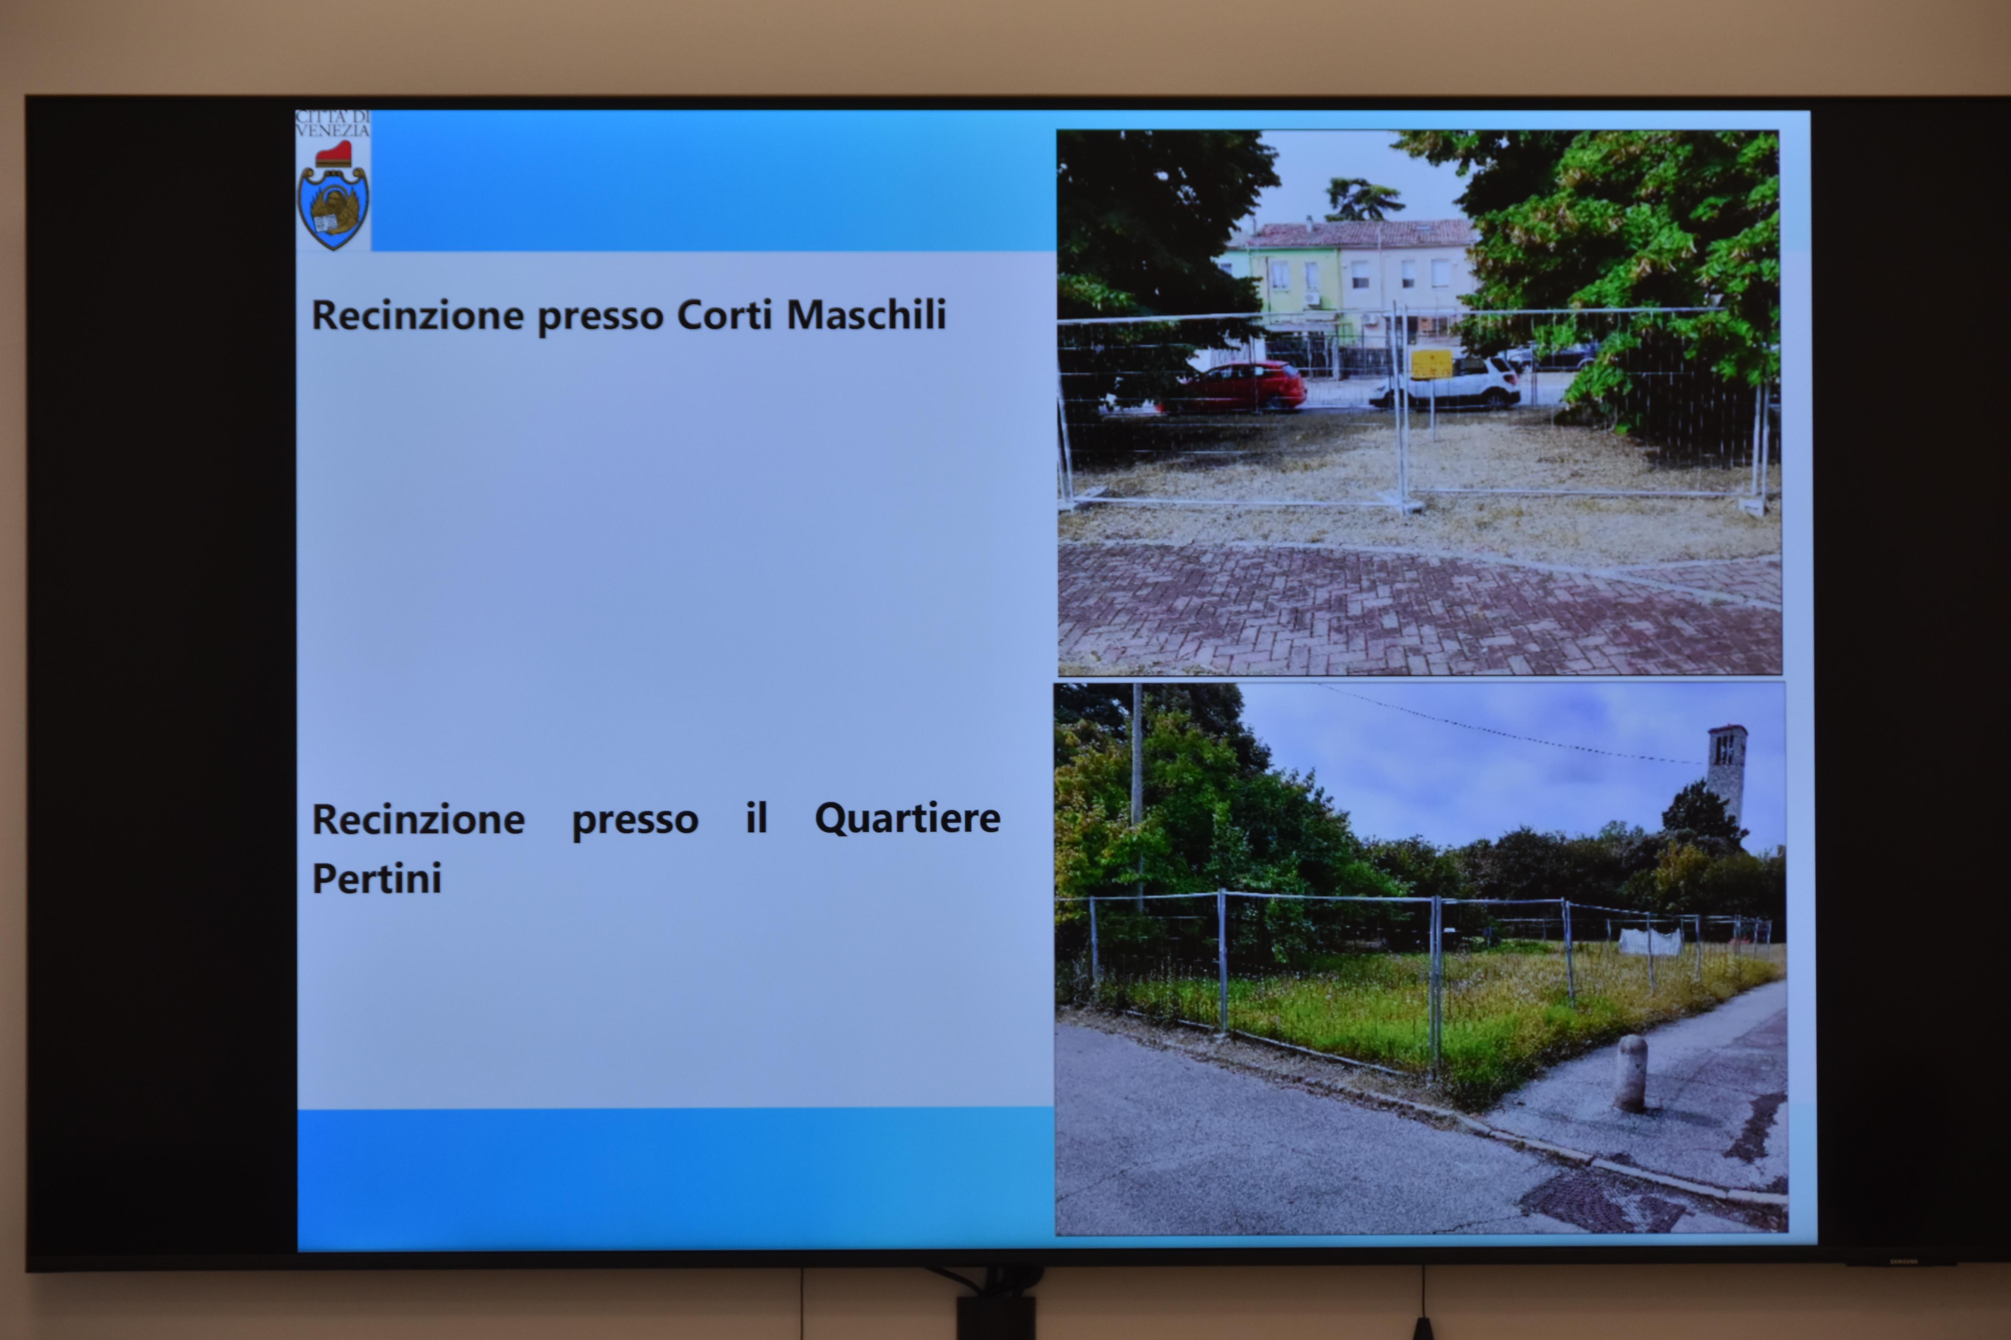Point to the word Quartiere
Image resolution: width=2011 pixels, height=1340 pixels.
[x=907, y=819]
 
